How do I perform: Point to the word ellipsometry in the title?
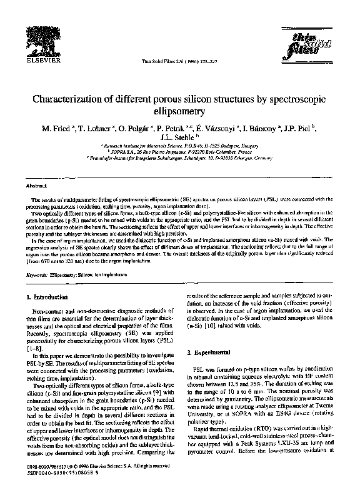coord(180,112)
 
